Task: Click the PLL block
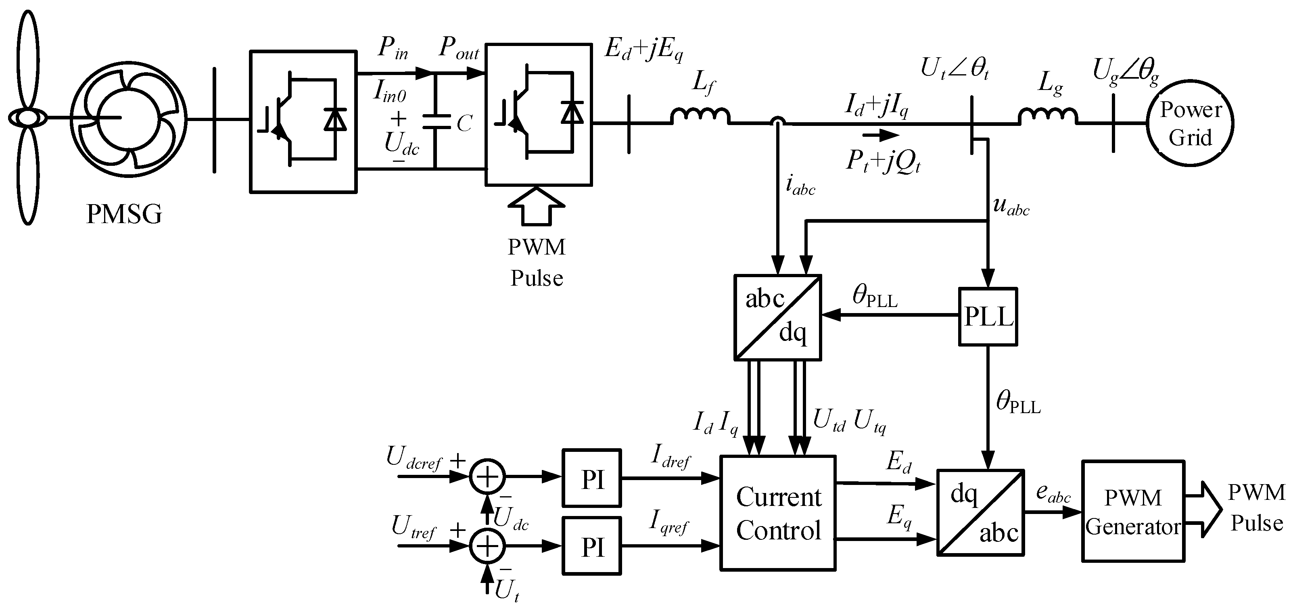tap(987, 316)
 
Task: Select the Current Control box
tap(777, 513)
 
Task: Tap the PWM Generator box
tap(1133, 511)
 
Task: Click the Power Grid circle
tap(1190, 123)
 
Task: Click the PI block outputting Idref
tap(591, 478)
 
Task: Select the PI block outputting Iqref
tap(591, 546)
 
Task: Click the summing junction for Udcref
tap(487, 476)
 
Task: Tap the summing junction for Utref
tap(487, 546)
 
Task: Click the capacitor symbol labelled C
tap(436, 122)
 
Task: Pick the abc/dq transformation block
tap(777, 317)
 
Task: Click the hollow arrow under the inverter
tap(536, 207)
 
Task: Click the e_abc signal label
tap(1053, 494)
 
